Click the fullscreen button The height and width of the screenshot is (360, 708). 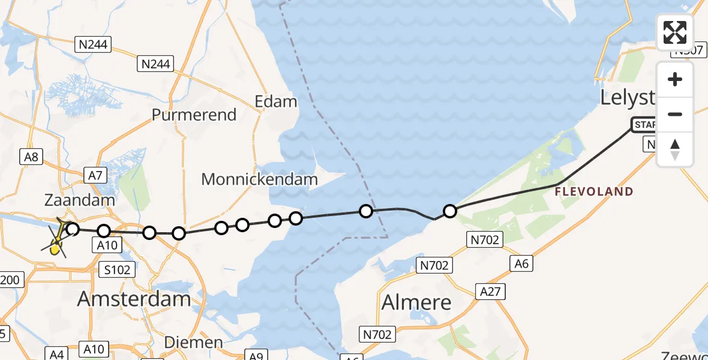(x=675, y=32)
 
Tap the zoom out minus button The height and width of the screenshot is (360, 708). (x=675, y=114)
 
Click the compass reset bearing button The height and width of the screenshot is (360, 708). (x=675, y=149)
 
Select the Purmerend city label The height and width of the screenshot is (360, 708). (x=194, y=115)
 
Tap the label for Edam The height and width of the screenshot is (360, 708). (x=276, y=101)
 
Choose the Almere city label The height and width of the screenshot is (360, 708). (x=416, y=302)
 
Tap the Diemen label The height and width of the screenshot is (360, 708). (x=193, y=343)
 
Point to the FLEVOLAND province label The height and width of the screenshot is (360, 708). (x=593, y=192)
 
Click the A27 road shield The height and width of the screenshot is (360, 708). (x=493, y=292)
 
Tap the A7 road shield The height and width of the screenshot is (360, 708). (x=96, y=175)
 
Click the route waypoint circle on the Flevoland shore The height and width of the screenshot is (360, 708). (x=449, y=211)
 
